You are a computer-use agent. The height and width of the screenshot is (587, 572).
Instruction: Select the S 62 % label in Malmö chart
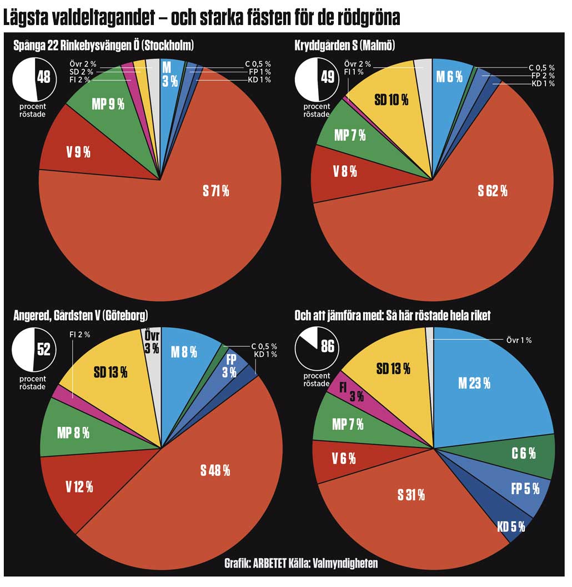(x=493, y=191)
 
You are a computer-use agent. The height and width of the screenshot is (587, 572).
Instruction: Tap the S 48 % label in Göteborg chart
(x=215, y=470)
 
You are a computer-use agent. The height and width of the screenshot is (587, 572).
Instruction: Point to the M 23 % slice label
(x=474, y=382)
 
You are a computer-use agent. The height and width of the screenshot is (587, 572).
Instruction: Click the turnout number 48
(x=43, y=77)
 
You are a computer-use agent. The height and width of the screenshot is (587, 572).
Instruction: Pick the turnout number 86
(x=328, y=347)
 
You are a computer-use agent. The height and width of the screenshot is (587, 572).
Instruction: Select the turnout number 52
(x=43, y=349)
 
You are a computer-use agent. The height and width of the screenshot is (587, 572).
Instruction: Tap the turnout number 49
(x=328, y=77)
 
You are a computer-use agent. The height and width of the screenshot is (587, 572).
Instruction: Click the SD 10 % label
(x=392, y=100)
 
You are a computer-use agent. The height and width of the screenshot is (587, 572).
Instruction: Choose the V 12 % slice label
(x=79, y=487)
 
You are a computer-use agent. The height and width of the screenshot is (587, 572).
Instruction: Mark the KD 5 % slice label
(x=511, y=526)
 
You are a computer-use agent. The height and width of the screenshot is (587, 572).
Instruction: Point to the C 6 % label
(x=524, y=453)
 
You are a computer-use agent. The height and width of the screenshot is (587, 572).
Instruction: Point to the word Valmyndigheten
(x=345, y=564)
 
